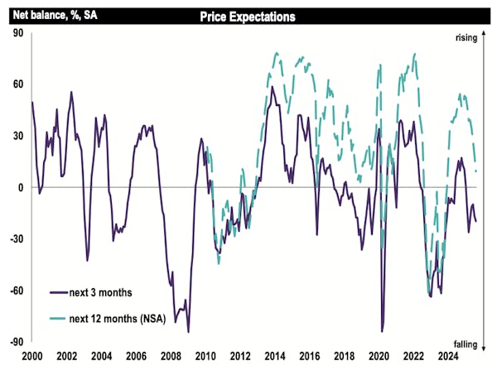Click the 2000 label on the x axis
tap(32, 356)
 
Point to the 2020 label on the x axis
tap(379, 356)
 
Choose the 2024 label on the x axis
tap(447, 356)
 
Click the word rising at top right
tap(470, 37)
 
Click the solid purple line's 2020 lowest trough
tap(382, 331)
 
